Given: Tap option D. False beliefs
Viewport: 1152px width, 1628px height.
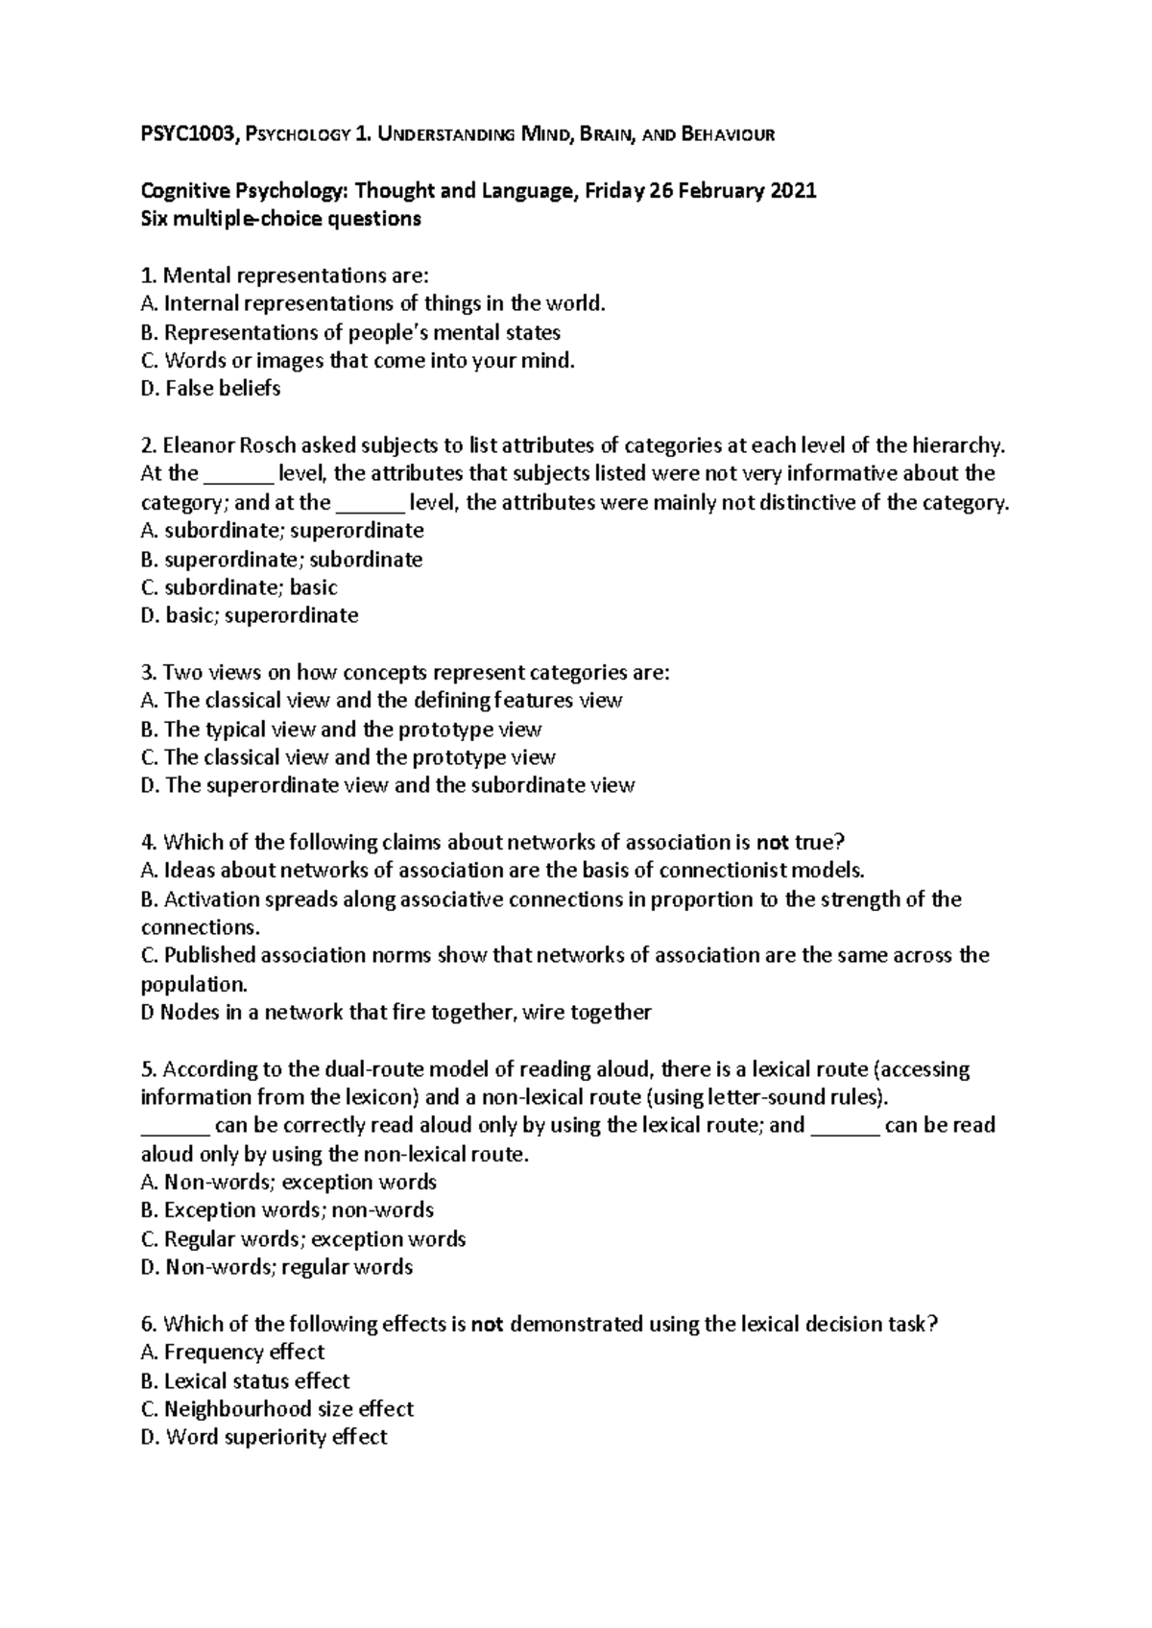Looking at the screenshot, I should tap(210, 389).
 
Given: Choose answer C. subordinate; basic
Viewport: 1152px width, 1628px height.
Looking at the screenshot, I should tap(239, 587).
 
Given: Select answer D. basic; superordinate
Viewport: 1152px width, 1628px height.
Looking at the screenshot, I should tap(250, 615).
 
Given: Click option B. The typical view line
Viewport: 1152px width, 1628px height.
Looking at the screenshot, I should tap(341, 730).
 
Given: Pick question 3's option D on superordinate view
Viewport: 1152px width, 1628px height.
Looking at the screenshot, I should tap(387, 786).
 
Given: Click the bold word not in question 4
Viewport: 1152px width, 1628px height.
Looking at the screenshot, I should tap(773, 843).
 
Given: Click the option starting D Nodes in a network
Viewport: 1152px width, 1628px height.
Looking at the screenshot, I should tap(396, 1013).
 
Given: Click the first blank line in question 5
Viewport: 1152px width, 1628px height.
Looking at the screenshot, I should tap(175, 1126).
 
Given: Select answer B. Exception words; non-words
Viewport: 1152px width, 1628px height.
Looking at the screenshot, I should tap(287, 1210).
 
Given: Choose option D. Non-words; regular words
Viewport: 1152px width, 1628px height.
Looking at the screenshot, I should tap(276, 1267).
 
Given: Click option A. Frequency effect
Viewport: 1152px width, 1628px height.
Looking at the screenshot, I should tap(232, 1353).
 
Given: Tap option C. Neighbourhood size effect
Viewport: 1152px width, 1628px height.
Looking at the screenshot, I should tap(276, 1409).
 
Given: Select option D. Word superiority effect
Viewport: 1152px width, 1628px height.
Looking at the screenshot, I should tap(264, 1437).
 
